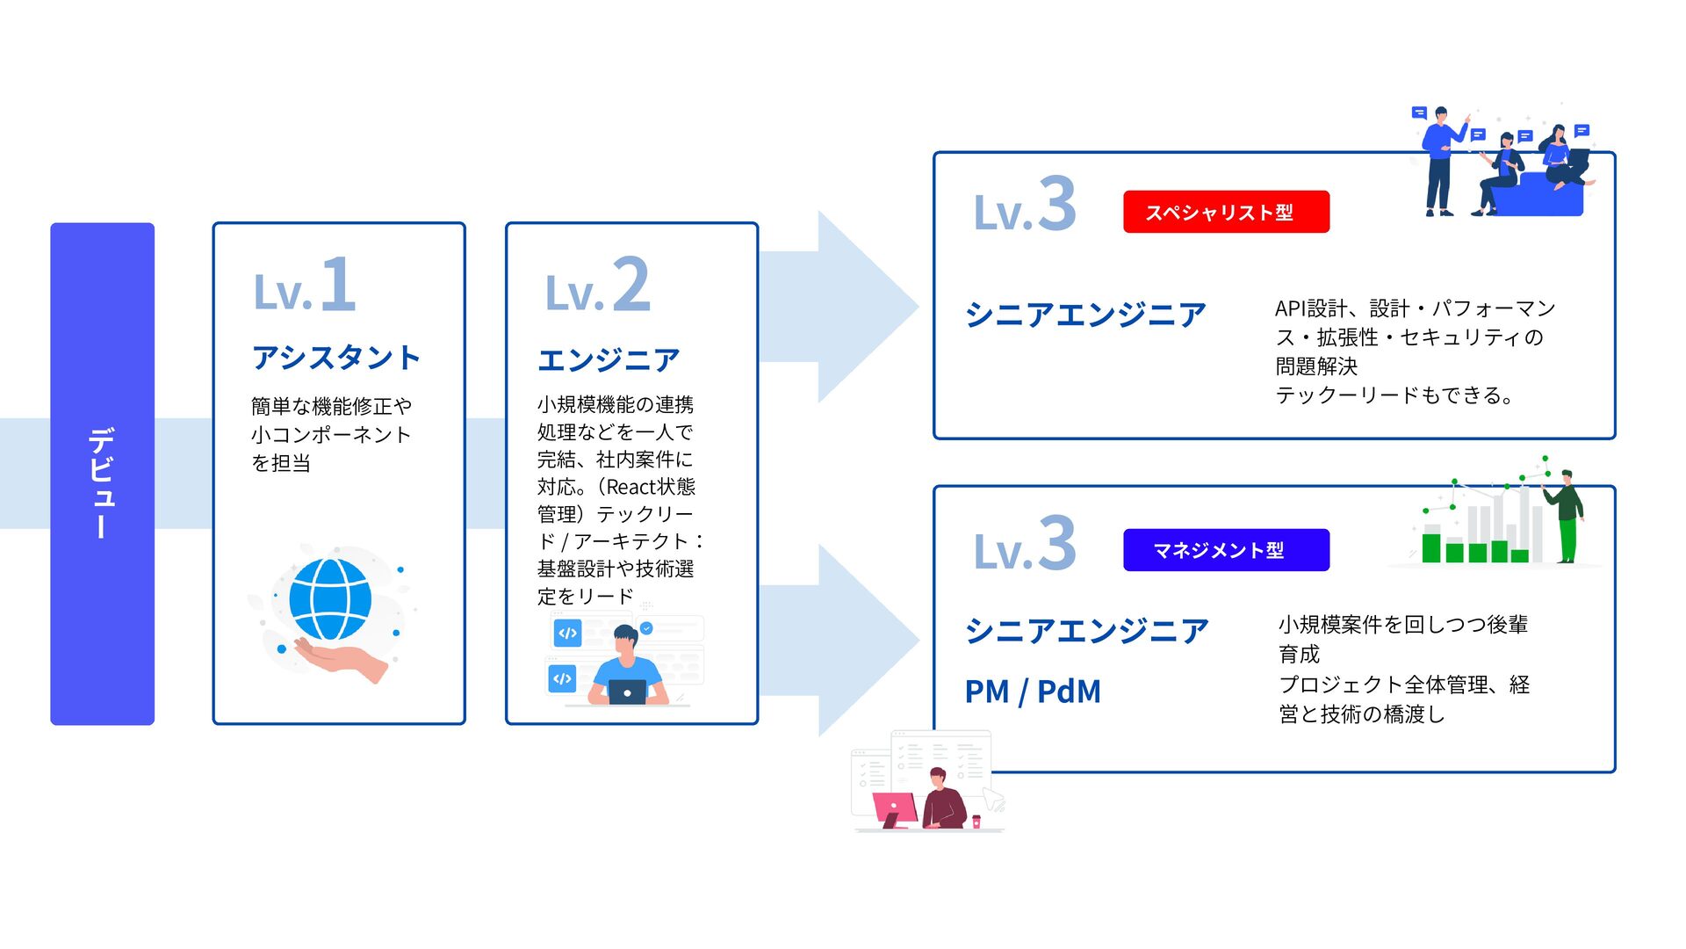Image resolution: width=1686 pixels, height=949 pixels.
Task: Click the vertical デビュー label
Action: tap(102, 482)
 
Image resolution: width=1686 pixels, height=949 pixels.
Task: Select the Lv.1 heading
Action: tap(305, 285)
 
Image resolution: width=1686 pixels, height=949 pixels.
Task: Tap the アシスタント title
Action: tap(336, 358)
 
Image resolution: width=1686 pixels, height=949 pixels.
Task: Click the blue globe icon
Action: tap(330, 599)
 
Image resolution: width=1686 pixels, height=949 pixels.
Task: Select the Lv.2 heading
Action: tap(598, 285)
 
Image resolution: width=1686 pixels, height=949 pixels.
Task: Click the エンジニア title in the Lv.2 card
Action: tap(609, 359)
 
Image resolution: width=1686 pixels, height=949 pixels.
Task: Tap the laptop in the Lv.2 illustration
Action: tap(627, 692)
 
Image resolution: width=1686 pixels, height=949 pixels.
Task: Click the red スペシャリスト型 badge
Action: tap(1226, 212)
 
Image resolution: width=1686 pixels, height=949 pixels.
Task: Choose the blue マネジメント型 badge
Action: tap(1226, 550)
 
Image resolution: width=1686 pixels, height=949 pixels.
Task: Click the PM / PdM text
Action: tap(1033, 692)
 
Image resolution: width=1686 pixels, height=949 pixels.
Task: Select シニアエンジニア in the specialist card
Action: tap(1086, 315)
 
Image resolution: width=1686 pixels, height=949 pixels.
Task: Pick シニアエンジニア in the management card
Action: tap(1087, 630)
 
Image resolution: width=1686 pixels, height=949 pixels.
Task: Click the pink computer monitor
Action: tap(895, 807)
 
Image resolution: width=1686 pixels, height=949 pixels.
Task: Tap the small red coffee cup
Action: tap(976, 822)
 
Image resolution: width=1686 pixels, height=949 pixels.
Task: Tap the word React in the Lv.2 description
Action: tap(629, 487)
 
